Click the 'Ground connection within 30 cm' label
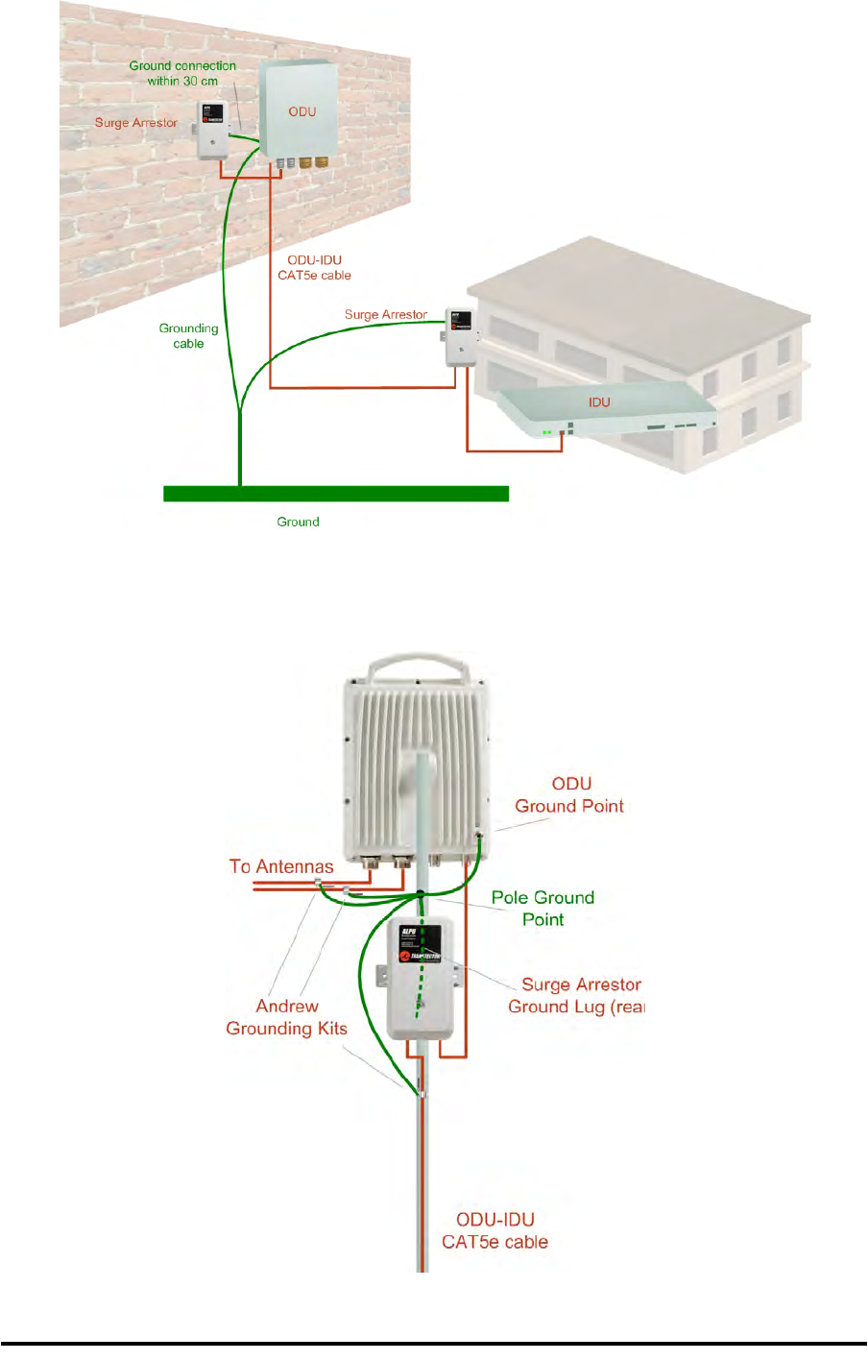point(182,73)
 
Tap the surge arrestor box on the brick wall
point(212,130)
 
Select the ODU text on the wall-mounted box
point(302,111)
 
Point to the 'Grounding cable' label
point(188,335)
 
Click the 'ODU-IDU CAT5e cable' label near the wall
point(314,267)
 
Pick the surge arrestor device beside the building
point(459,336)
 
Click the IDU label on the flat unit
point(599,402)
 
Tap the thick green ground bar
point(335,494)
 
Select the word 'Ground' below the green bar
point(298,522)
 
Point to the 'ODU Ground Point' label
point(570,794)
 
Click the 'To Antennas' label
point(281,866)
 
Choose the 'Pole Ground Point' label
point(543,908)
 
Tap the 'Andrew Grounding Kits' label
point(286,1017)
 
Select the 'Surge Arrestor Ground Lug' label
point(576,995)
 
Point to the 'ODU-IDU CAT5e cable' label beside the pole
point(494,1230)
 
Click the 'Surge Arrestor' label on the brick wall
point(136,123)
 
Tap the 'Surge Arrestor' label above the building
point(386,314)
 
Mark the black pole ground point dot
point(421,894)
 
